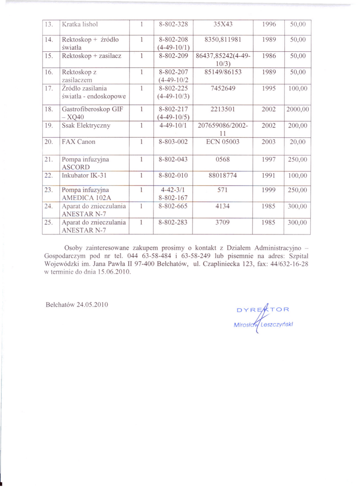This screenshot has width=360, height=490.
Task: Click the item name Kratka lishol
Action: tap(79, 24)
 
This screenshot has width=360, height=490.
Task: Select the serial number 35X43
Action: tap(224, 24)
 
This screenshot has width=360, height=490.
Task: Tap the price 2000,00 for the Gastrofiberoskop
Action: tap(298, 109)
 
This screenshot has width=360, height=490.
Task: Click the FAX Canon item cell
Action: tap(79, 142)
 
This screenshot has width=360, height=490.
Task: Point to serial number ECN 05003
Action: tap(224, 142)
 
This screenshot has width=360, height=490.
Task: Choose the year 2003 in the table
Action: tap(269, 142)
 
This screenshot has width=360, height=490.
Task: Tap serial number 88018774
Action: tap(223, 176)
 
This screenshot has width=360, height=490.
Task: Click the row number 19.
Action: tap(48, 125)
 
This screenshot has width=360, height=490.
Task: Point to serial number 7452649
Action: tap(224, 89)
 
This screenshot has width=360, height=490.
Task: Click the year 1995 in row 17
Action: tap(269, 89)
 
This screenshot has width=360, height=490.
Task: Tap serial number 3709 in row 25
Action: tap(224, 223)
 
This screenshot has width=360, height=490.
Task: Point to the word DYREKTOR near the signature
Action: tap(263, 309)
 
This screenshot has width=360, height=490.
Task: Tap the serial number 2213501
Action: tap(224, 109)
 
